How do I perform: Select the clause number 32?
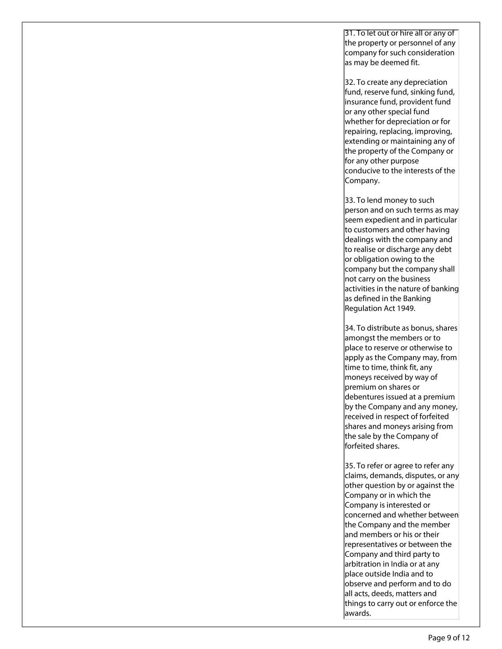pos(350,82)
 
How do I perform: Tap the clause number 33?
pos(350,200)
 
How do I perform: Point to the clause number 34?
pos(350,328)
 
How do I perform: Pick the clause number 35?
pos(350,466)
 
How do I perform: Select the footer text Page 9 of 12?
pos(449,638)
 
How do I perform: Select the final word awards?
pos(358,613)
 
